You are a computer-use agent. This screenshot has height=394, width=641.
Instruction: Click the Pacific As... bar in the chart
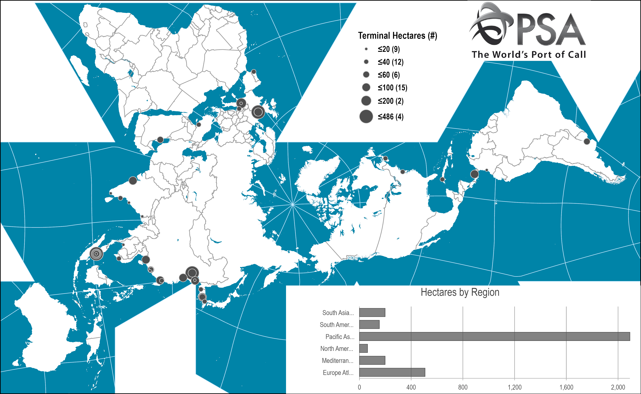(x=494, y=336)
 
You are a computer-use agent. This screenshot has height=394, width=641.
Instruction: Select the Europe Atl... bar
(x=392, y=372)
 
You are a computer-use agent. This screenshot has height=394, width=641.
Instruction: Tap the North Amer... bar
(x=363, y=348)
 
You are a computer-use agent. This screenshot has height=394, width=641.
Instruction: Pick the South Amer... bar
(x=369, y=324)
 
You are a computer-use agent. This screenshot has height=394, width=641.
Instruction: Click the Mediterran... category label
(x=337, y=361)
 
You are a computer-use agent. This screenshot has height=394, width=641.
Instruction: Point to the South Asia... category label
(x=338, y=313)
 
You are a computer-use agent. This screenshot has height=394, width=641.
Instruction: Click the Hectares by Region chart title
(x=460, y=292)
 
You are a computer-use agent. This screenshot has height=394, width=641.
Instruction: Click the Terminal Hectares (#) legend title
(x=397, y=36)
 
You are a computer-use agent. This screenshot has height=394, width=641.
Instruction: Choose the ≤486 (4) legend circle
(x=366, y=117)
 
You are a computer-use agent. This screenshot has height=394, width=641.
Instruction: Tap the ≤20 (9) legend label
(x=389, y=49)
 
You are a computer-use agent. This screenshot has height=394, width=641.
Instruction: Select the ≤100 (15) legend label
(x=392, y=88)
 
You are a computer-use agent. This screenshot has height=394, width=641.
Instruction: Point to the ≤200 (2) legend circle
(x=366, y=101)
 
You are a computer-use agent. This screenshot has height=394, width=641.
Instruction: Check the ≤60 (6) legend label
(x=389, y=75)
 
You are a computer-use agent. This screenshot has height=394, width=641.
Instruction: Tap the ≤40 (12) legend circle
(x=366, y=62)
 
